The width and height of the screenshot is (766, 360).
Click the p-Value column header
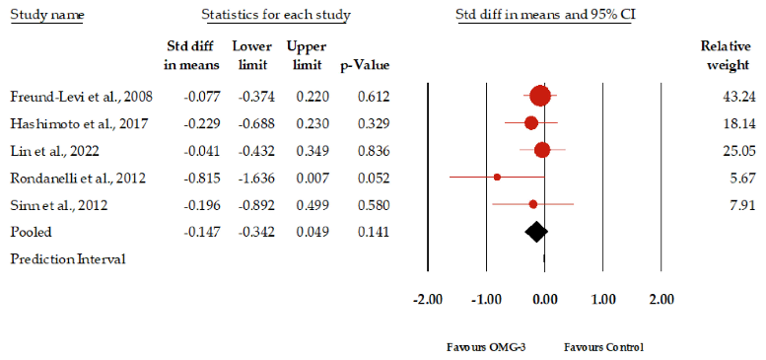coord(366,65)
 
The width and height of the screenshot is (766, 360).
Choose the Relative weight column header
coord(726,56)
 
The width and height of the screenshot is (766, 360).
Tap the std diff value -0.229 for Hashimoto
coord(202,123)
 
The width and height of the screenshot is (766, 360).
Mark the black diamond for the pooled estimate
coord(535,232)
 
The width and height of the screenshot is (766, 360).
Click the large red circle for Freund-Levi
coord(539,96)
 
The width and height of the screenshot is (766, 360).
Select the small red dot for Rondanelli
coord(497,178)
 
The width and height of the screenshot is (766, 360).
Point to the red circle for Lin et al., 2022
coord(541,150)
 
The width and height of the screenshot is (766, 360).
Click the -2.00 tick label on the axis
coord(426,299)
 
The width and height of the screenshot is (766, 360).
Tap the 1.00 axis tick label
coord(603,299)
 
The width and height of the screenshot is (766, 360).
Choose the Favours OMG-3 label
coord(476,348)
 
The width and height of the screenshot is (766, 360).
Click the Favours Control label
coord(603,348)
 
